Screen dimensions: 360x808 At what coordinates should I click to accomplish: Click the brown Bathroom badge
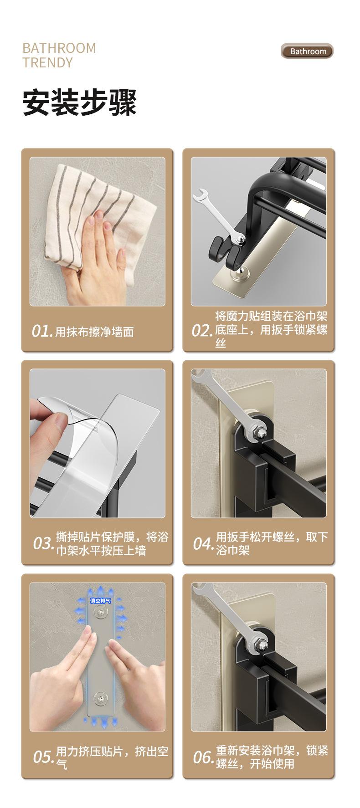tap(308, 51)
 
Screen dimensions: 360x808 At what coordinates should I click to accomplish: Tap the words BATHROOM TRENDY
tap(59, 55)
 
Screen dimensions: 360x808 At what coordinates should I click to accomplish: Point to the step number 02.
tap(202, 331)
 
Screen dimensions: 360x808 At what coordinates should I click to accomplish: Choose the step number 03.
tap(44, 543)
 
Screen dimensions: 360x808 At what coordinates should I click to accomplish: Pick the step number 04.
tap(203, 543)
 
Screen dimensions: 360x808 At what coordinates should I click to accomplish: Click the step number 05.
tap(44, 757)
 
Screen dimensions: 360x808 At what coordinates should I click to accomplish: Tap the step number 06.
tap(203, 757)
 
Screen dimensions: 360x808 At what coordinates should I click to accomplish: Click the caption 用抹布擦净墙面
tap(94, 332)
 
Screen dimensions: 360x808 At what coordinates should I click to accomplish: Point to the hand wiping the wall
tap(93, 255)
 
